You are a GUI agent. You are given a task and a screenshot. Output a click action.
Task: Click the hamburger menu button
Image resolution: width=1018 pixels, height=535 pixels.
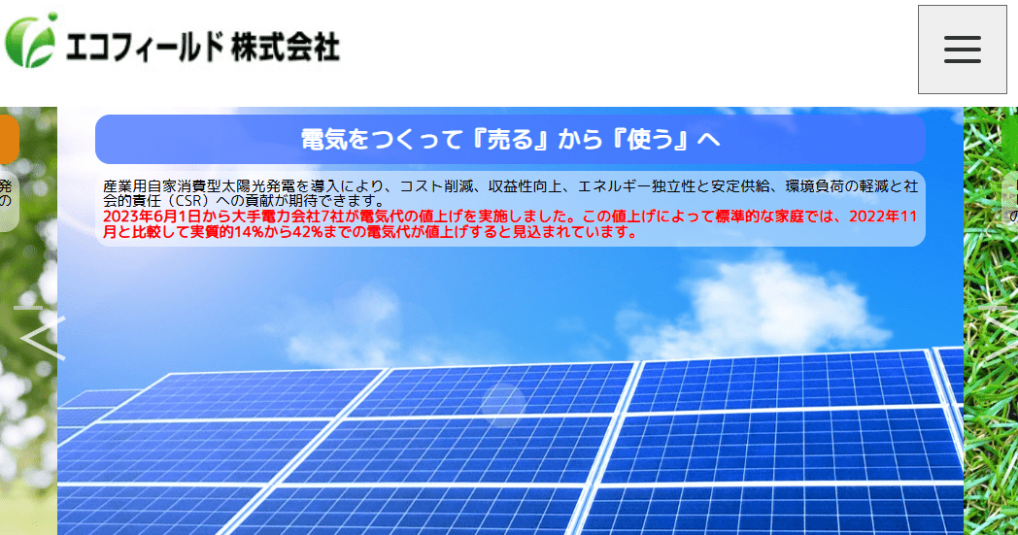[x=962, y=50]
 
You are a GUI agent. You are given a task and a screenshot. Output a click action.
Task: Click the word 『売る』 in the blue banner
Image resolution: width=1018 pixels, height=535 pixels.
[x=509, y=140]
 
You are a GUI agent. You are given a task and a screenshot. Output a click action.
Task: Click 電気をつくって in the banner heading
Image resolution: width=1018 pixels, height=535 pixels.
[x=380, y=140]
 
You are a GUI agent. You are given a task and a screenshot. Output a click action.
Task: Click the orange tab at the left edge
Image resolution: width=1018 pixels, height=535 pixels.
[x=9, y=140]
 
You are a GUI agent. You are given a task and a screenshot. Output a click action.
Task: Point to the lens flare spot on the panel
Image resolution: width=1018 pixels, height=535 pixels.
[x=503, y=401]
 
